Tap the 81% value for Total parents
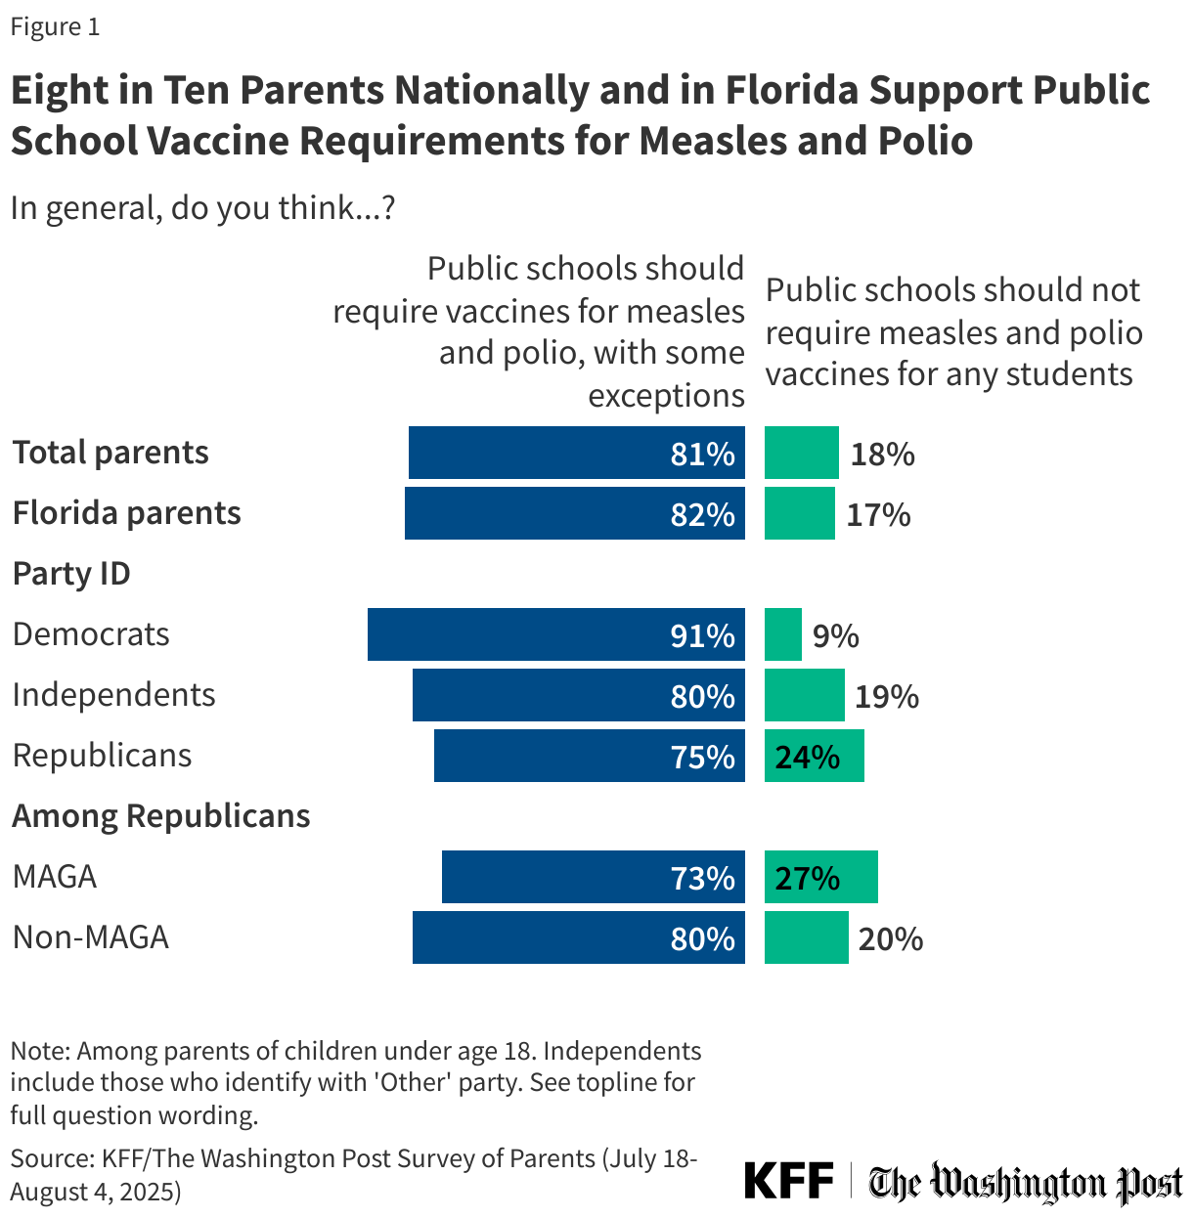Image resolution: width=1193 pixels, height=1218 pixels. [702, 454]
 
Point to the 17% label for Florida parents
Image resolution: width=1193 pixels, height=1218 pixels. [878, 515]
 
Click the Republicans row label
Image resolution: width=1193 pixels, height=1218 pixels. [102, 756]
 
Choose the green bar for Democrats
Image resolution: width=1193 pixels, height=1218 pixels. [782, 634]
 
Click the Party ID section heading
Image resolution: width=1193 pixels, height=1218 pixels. [71, 574]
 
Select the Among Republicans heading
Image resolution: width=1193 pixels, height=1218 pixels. [161, 816]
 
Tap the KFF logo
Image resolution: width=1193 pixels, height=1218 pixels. [788, 1181]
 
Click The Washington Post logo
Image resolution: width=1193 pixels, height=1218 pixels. [1026, 1183]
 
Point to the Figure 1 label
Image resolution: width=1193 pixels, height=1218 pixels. [55, 27]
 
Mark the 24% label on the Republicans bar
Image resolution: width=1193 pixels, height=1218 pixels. [807, 758]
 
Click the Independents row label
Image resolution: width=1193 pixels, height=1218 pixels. [113, 695]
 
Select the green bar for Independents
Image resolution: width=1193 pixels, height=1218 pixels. [804, 695]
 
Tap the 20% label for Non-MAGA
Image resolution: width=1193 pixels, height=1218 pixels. [891, 939]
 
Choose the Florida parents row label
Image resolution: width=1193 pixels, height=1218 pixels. [126, 513]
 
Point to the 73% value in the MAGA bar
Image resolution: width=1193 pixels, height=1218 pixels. [702, 878]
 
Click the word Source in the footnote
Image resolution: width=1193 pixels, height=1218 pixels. [51, 1159]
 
